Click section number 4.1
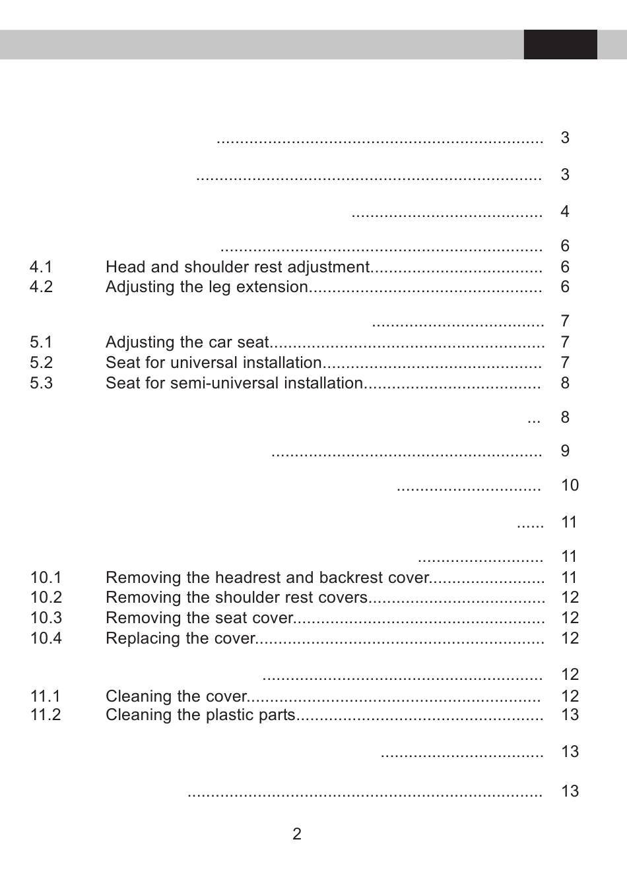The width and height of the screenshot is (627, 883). (41, 267)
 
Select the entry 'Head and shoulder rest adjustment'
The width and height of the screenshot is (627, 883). (237, 267)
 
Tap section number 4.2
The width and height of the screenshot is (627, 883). (41, 287)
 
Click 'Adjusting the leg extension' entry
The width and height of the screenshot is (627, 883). (207, 287)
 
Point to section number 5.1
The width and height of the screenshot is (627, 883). (41, 342)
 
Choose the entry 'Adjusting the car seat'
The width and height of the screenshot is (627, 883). (187, 342)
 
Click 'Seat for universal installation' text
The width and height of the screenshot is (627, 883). (213, 363)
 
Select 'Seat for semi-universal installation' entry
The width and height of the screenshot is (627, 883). (234, 383)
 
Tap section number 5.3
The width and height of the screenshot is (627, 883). (41, 383)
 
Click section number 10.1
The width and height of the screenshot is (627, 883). (46, 578)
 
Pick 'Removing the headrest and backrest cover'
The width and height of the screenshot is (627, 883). (267, 578)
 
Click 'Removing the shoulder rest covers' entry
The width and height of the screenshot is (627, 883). (236, 597)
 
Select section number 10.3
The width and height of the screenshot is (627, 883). (46, 618)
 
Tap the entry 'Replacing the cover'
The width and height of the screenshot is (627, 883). (180, 638)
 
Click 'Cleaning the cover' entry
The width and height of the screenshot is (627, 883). (176, 696)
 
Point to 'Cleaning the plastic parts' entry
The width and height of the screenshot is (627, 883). (200, 715)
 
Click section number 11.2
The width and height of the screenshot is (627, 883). (45, 715)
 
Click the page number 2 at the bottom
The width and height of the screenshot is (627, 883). (297, 834)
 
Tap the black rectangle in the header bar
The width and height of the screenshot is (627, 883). (560, 44)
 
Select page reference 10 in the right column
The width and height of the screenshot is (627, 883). (570, 485)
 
